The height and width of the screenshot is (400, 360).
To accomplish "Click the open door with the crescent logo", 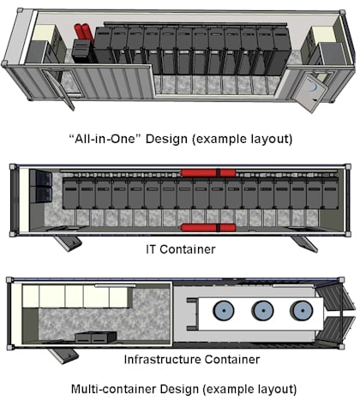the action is coord(314,92).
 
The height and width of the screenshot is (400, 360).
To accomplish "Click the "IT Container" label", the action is coord(181,249).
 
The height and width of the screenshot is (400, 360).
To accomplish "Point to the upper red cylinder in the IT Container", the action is coord(208,173).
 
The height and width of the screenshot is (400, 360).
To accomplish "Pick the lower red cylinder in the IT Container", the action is coord(208,228).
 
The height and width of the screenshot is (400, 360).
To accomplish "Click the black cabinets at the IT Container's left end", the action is coord(41,186).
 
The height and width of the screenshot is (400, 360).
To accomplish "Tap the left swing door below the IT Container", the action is coord(68,243).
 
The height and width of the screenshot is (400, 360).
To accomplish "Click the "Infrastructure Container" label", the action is coord(192,359).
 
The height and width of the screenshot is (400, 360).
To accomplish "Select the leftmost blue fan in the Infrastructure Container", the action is coord(224,310).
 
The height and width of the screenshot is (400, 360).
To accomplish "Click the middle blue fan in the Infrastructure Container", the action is coord(262,310).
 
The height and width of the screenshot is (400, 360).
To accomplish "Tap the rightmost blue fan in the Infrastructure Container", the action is coord(301,310).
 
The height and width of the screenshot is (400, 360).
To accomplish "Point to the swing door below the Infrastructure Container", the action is coord(63,355).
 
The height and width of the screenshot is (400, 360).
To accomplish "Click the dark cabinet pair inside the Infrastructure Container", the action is coord(96,337).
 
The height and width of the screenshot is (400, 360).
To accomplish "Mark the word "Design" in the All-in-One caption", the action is coord(167,139).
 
